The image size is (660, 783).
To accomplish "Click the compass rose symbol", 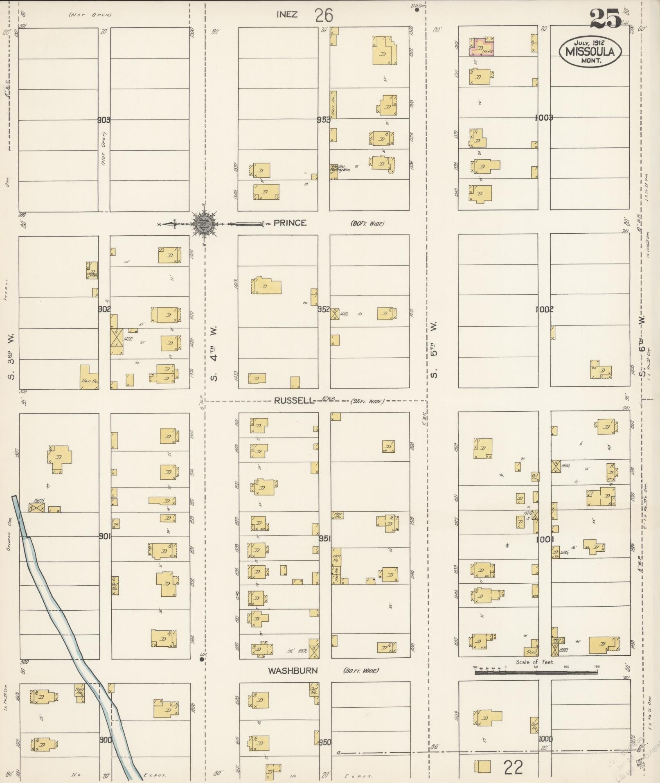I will click(203, 223).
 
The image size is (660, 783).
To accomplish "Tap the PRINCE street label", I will click(290, 223).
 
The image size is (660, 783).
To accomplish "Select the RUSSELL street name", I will click(293, 401).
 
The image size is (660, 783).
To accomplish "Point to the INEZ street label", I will click(287, 15).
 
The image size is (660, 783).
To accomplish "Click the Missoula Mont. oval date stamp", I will click(590, 51).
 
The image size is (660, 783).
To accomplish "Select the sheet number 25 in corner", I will click(605, 19).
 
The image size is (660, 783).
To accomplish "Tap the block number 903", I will click(104, 120).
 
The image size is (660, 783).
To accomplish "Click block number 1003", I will click(544, 118).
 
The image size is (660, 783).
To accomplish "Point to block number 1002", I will click(544, 309).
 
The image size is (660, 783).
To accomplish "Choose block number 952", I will click(324, 309).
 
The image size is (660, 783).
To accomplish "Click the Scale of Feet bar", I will click(536, 672).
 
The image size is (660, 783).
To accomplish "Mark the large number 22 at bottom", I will click(513, 767).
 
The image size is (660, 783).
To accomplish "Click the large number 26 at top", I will click(324, 16).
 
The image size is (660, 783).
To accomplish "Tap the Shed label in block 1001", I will click(531, 652).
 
